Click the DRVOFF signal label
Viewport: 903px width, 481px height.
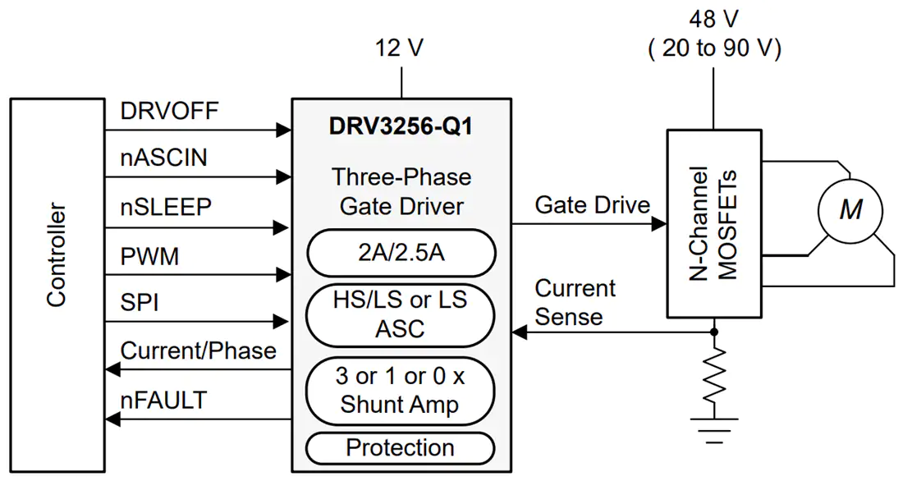[x=169, y=111]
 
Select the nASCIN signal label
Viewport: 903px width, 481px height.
[x=163, y=158]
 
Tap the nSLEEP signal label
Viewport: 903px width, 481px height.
[x=166, y=207]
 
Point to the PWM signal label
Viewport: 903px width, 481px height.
[x=149, y=256]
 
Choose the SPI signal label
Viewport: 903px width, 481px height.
[x=140, y=302]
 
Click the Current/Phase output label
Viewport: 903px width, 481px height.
[x=198, y=350]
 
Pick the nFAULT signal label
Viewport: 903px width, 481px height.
[x=163, y=400]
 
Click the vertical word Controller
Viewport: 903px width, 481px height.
[x=57, y=254]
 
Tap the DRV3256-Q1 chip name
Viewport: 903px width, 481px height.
[x=401, y=126]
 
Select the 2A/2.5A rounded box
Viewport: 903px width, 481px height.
[x=401, y=253]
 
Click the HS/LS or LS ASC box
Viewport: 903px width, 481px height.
[x=401, y=314]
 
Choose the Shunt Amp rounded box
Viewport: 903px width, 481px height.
[x=401, y=391]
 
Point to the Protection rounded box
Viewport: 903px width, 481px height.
[x=401, y=447]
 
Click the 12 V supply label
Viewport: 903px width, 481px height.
[x=399, y=48]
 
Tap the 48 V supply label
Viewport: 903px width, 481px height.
[x=713, y=21]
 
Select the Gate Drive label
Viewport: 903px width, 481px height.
[x=593, y=205]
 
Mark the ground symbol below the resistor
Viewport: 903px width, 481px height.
[x=714, y=430]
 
